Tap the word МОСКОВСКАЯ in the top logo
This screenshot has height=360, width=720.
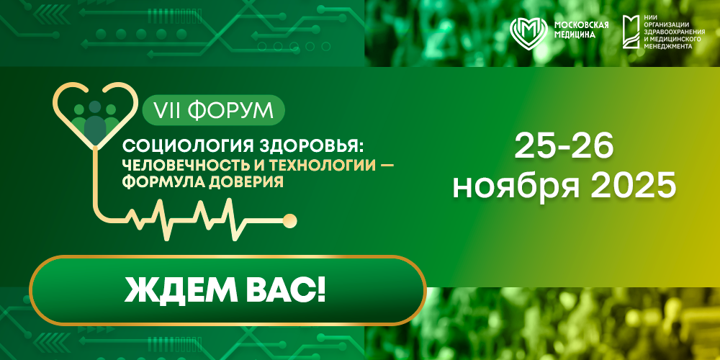click(x=581, y=24)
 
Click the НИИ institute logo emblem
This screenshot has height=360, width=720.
click(x=631, y=32)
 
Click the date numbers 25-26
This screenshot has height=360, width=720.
click(x=564, y=147)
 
